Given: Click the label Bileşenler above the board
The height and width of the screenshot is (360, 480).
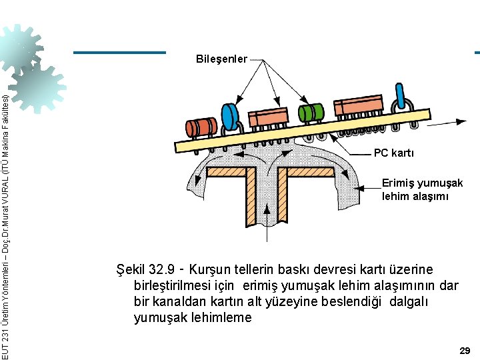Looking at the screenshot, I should (221, 59).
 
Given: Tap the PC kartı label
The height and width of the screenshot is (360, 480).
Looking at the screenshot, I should (393, 153).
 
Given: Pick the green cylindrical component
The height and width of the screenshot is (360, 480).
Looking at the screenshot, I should (311, 112).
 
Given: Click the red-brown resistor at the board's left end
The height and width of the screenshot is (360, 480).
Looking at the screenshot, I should (201, 127).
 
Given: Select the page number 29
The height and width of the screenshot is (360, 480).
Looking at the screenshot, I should (465, 350).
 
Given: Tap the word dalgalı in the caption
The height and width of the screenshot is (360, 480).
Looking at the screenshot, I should (408, 302).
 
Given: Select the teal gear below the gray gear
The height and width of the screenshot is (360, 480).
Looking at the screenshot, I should (39, 85).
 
